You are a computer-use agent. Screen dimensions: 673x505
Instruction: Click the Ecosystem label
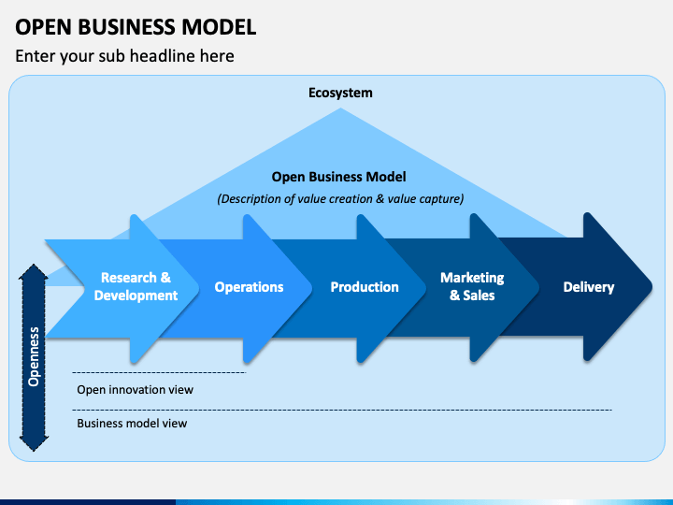[340, 93]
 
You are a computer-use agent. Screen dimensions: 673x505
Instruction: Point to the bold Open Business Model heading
[338, 177]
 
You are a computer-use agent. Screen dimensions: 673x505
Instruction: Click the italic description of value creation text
[340, 199]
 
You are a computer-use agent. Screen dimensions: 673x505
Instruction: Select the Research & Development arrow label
[136, 286]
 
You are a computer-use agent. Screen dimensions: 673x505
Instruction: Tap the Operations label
[249, 287]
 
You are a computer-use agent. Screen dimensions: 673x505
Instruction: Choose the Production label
[365, 287]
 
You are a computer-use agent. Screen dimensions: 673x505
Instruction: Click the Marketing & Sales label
[472, 286]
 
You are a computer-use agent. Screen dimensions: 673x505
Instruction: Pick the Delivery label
[589, 287]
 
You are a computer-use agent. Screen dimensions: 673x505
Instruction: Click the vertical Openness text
[34, 357]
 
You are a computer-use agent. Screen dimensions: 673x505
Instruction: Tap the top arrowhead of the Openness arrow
[34, 272]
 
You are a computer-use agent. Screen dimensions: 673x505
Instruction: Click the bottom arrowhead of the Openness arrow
[34, 443]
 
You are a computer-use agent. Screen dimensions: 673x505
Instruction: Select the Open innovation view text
[136, 389]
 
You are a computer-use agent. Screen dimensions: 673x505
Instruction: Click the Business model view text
[132, 424]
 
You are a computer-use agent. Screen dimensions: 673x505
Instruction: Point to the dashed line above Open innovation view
[159, 373]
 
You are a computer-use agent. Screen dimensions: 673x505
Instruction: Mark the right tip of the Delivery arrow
[652, 286]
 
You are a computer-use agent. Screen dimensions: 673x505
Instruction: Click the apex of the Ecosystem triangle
[341, 108]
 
